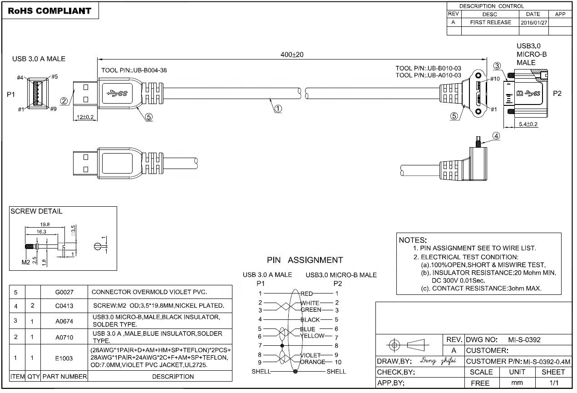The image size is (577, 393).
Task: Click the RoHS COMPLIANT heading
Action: point(49,10)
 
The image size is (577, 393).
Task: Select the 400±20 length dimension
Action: point(291,55)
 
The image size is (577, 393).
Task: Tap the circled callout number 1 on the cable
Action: point(278,109)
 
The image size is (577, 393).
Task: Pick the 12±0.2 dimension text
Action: point(85,118)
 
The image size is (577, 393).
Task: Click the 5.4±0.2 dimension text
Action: point(528,124)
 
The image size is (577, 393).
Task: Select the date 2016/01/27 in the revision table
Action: point(534,22)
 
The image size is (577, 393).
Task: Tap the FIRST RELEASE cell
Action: point(490,22)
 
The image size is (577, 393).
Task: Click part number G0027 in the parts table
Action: point(64,292)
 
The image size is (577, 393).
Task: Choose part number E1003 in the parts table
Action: point(64,358)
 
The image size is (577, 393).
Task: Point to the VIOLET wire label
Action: point(310,355)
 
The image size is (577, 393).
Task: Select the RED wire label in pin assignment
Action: point(307,294)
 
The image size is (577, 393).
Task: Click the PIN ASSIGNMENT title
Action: point(305,260)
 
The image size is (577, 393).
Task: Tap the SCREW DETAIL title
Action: point(36,211)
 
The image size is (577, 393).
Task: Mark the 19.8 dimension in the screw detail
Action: point(45,224)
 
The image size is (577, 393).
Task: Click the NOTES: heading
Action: point(412,240)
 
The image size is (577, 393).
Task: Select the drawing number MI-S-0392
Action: point(524,339)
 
